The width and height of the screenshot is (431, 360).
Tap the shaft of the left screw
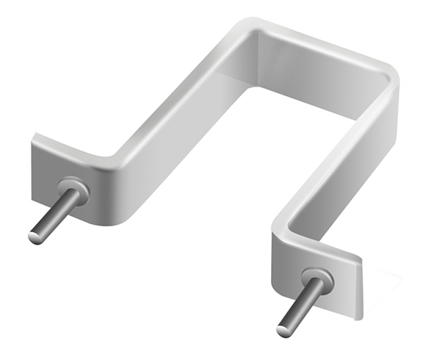pos(56,212)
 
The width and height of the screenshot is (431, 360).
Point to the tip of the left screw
pos(35,237)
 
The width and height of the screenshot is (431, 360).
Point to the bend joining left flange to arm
pos(110,166)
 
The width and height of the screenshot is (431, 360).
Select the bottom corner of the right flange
pos(360,317)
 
